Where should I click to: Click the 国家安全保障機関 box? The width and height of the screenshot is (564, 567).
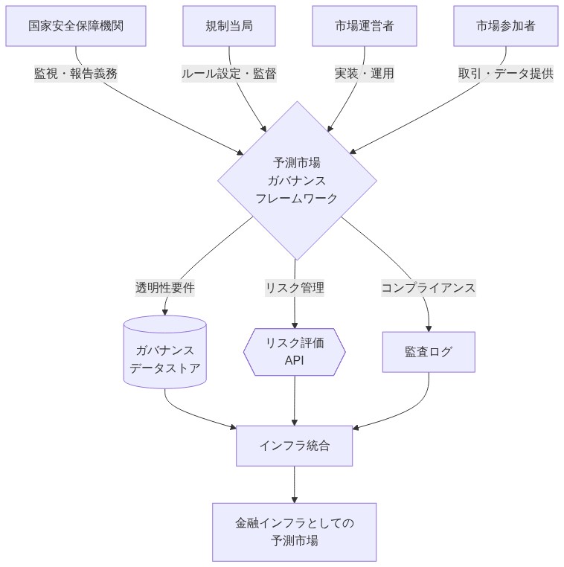click(76, 26)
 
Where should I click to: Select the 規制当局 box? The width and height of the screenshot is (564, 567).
click(229, 26)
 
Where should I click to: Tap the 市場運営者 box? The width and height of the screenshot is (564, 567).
click(365, 26)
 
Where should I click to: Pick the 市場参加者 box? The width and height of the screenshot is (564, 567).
click(506, 26)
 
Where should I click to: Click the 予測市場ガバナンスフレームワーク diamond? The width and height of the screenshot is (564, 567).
click(297, 180)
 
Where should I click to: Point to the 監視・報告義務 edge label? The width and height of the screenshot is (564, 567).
click(76, 74)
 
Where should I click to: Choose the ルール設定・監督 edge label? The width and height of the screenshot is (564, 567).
click(229, 74)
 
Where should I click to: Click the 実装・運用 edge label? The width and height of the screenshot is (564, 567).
click(365, 74)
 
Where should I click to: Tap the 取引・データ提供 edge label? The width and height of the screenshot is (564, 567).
click(506, 74)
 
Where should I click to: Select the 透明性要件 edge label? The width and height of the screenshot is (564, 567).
click(165, 287)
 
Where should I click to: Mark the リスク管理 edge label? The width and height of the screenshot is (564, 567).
click(295, 287)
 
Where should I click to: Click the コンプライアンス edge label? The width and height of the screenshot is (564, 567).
click(429, 287)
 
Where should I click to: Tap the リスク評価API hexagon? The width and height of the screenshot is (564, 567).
click(295, 352)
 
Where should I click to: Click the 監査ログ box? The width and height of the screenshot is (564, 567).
click(429, 352)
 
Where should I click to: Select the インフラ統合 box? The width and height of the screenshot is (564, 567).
click(295, 446)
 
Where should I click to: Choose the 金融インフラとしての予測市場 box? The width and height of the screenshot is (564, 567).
click(295, 531)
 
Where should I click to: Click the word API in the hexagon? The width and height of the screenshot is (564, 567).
click(295, 361)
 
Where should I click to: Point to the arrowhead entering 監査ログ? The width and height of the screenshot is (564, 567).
click(429, 327)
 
